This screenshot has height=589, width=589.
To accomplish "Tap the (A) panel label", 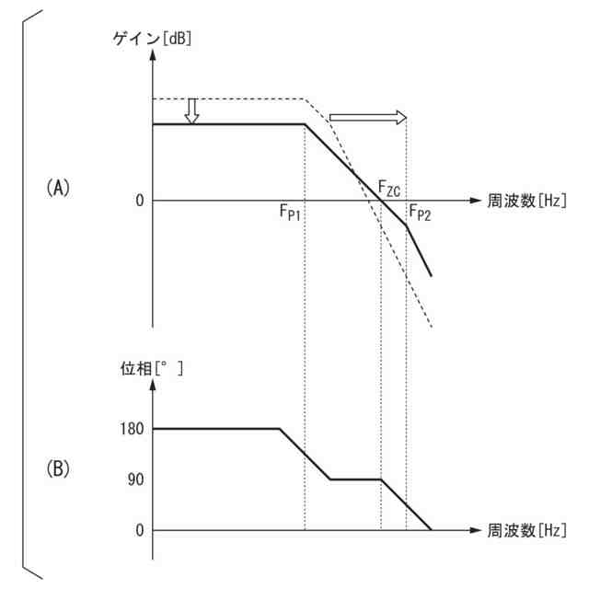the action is coord(57,188).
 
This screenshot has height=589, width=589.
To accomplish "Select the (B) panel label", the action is coord(57,468).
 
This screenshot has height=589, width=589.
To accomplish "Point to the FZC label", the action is coord(389,190).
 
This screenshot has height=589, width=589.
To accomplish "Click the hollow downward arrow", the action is coord(191,111).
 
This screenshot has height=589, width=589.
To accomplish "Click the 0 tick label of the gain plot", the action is coord(140,200).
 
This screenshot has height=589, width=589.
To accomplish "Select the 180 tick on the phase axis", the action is coord(133,429).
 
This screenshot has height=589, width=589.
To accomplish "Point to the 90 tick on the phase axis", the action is coord(136,479).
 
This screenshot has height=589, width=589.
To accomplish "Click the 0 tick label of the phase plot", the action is coord(140,531).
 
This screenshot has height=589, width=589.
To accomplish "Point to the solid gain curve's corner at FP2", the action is coord(407,225).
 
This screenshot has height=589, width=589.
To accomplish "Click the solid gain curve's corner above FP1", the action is coord(305,124).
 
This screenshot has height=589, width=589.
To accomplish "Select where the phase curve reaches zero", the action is coord(432,530).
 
